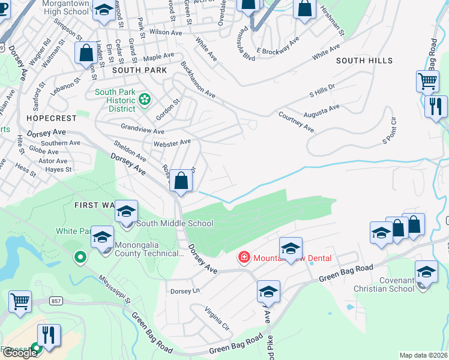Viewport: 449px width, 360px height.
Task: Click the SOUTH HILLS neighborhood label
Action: coord(364,61)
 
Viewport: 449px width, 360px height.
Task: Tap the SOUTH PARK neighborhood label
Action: coord(139,70)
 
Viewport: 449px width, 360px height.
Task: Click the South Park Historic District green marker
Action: coord(144,99)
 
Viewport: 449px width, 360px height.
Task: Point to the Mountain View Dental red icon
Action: coord(244,258)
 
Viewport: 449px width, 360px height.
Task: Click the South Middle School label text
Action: coord(175,224)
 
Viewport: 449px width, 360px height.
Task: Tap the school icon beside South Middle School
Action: coord(127,212)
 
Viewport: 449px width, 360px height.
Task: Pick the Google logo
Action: coord(20,353)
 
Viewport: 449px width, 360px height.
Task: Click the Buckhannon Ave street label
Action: coord(197,79)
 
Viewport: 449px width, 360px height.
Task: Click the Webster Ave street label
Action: coord(172,143)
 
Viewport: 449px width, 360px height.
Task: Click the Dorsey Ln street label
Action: coord(185,291)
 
